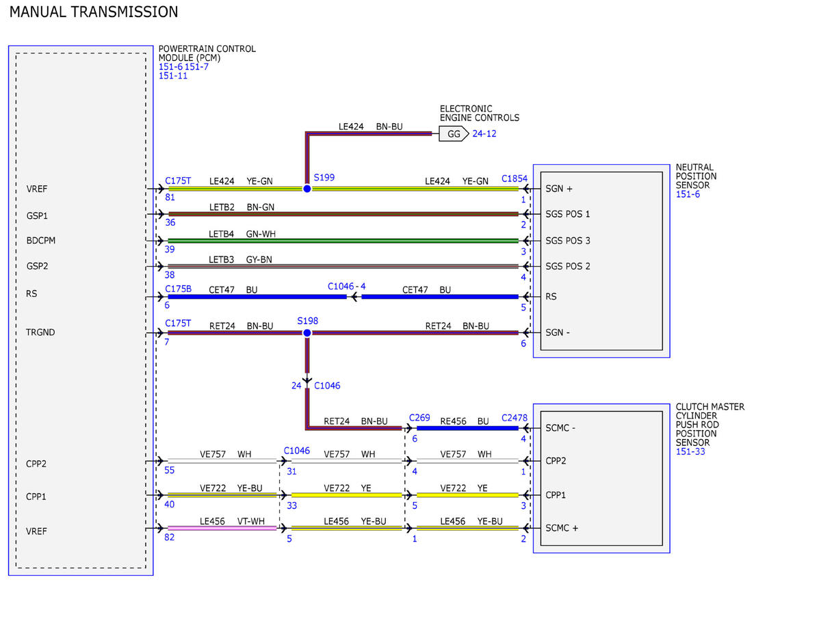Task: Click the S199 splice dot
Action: pyautogui.click(x=307, y=189)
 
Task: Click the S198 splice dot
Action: pyautogui.click(x=307, y=332)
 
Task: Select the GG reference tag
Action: pyautogui.click(x=454, y=133)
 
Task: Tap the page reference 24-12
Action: pyautogui.click(x=484, y=133)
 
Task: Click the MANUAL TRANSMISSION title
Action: pyautogui.click(x=94, y=12)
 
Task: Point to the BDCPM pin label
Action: pyautogui.click(x=41, y=241)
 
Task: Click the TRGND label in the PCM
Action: pyautogui.click(x=40, y=332)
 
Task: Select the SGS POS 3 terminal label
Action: pyautogui.click(x=567, y=241)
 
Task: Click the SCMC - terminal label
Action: pyautogui.click(x=560, y=428)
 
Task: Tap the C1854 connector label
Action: pyautogui.click(x=514, y=179)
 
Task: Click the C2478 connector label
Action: pyautogui.click(x=514, y=418)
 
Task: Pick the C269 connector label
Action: pyautogui.click(x=419, y=418)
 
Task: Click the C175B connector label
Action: pyautogui.click(x=179, y=289)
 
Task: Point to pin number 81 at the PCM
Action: pyautogui.click(x=170, y=197)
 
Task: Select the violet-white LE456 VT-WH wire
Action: pyautogui.click(x=222, y=528)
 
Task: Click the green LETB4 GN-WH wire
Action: pyautogui.click(x=343, y=241)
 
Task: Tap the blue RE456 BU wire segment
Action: pyautogui.click(x=467, y=428)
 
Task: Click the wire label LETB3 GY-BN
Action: pyautogui.click(x=240, y=259)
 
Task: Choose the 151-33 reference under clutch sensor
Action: pyautogui.click(x=690, y=451)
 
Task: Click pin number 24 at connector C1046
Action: pyautogui.click(x=296, y=386)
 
